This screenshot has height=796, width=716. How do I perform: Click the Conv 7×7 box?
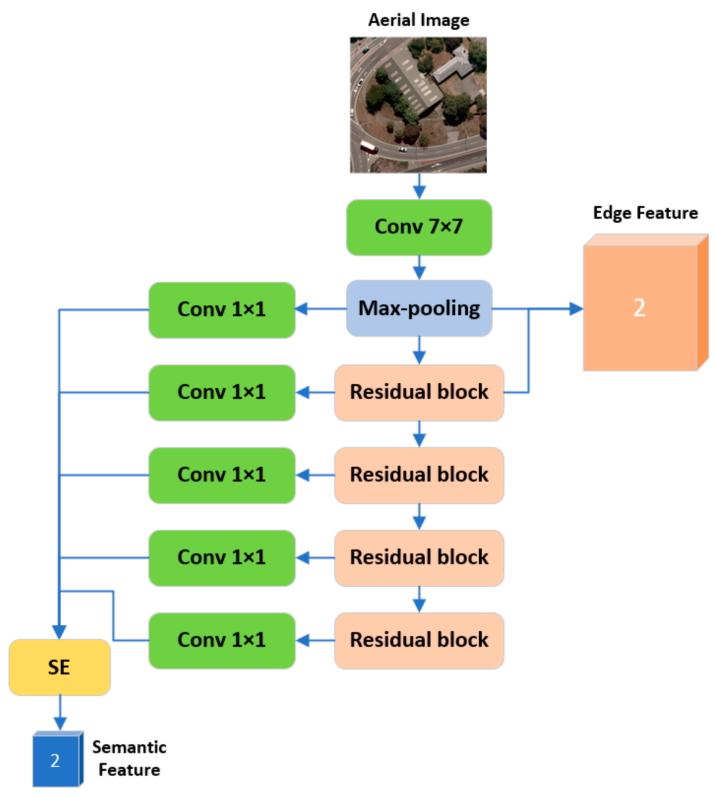pos(419,227)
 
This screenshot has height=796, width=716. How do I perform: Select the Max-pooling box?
pos(419,308)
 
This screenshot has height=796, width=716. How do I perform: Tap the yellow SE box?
pos(59,667)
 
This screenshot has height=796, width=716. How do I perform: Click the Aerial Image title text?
pos(419,20)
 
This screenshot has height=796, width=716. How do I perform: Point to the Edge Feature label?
pos(645,213)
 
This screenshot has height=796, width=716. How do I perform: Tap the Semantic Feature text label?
pos(129,758)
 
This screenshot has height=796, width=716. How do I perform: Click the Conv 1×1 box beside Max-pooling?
pos(222,309)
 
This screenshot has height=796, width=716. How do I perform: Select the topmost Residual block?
pos(419,392)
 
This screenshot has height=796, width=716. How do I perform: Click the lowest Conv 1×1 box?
pos(222,640)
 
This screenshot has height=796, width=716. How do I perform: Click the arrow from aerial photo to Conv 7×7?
pos(419,187)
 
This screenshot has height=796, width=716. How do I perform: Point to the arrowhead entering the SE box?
pos(59,632)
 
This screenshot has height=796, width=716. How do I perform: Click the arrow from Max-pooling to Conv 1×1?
pos(320,309)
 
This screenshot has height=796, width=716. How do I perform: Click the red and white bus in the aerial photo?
pos(368,147)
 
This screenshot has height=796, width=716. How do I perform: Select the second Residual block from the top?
pos(419,475)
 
